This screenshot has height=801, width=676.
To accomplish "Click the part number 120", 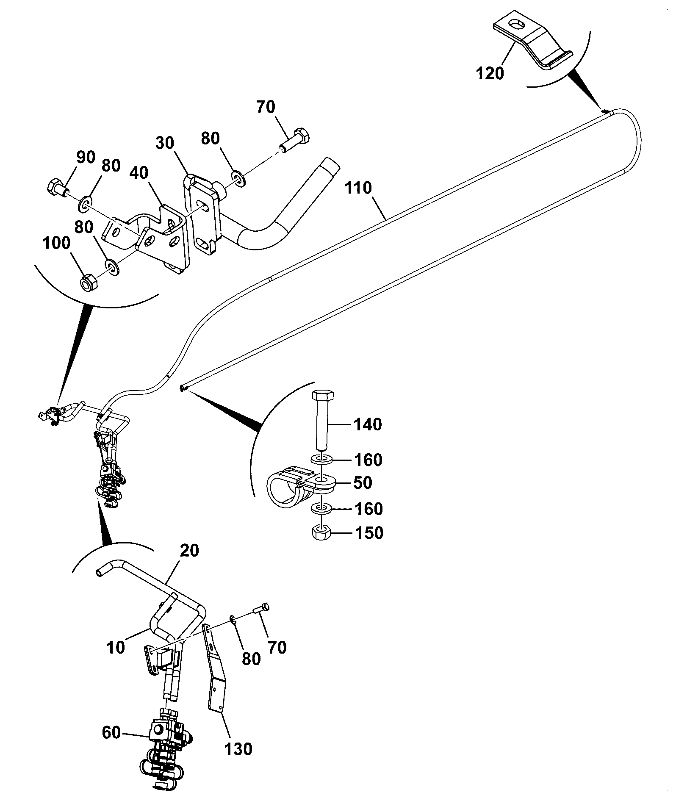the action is point(490,74).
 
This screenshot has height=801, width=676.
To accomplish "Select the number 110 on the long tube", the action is point(358,188).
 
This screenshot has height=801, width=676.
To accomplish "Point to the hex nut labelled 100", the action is point(89,282).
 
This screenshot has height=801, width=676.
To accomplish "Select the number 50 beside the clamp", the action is point(362,483).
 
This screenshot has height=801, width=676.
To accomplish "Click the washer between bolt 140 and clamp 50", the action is point(322,459).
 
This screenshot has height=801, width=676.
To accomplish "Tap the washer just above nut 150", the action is point(321,508).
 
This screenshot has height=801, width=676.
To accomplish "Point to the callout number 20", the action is point(189,551).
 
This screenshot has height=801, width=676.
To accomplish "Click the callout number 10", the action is point(116,648).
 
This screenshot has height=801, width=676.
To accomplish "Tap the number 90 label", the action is point(86,157).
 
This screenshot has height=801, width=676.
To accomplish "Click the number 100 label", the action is point(56,244).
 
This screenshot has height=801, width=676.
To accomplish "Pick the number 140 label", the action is point(367,424).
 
